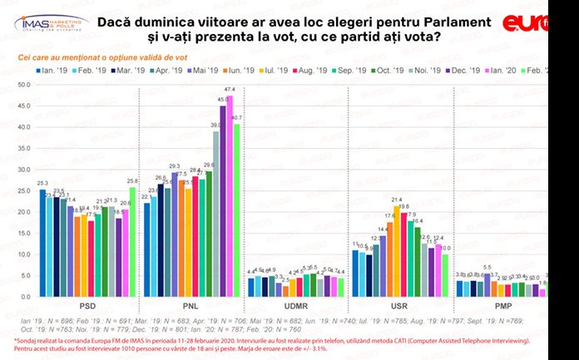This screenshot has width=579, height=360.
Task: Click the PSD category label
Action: [x=86, y=307]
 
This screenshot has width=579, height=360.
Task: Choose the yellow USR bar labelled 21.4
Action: [x=397, y=250]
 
